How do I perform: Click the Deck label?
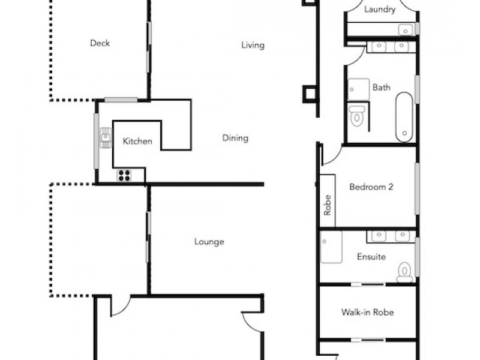click(x=100, y=43)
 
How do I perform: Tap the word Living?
click(x=253, y=45)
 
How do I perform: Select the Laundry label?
click(x=380, y=9)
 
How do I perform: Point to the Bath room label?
click(x=382, y=87)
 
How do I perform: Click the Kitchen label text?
click(x=137, y=142)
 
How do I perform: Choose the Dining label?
click(x=235, y=138)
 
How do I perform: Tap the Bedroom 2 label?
click(x=371, y=187)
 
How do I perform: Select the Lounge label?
click(x=209, y=242)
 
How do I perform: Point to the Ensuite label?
click(x=371, y=257)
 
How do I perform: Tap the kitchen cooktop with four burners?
click(x=124, y=175)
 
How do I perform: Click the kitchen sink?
click(x=106, y=138)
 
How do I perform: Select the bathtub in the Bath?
click(x=404, y=116)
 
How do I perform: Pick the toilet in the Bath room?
click(x=357, y=115)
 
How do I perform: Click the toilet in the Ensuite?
click(x=405, y=271)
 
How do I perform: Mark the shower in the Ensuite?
click(x=331, y=247)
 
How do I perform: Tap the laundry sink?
click(x=407, y=29)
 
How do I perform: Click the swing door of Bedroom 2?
click(x=332, y=155)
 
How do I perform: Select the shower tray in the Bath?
click(x=359, y=89)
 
